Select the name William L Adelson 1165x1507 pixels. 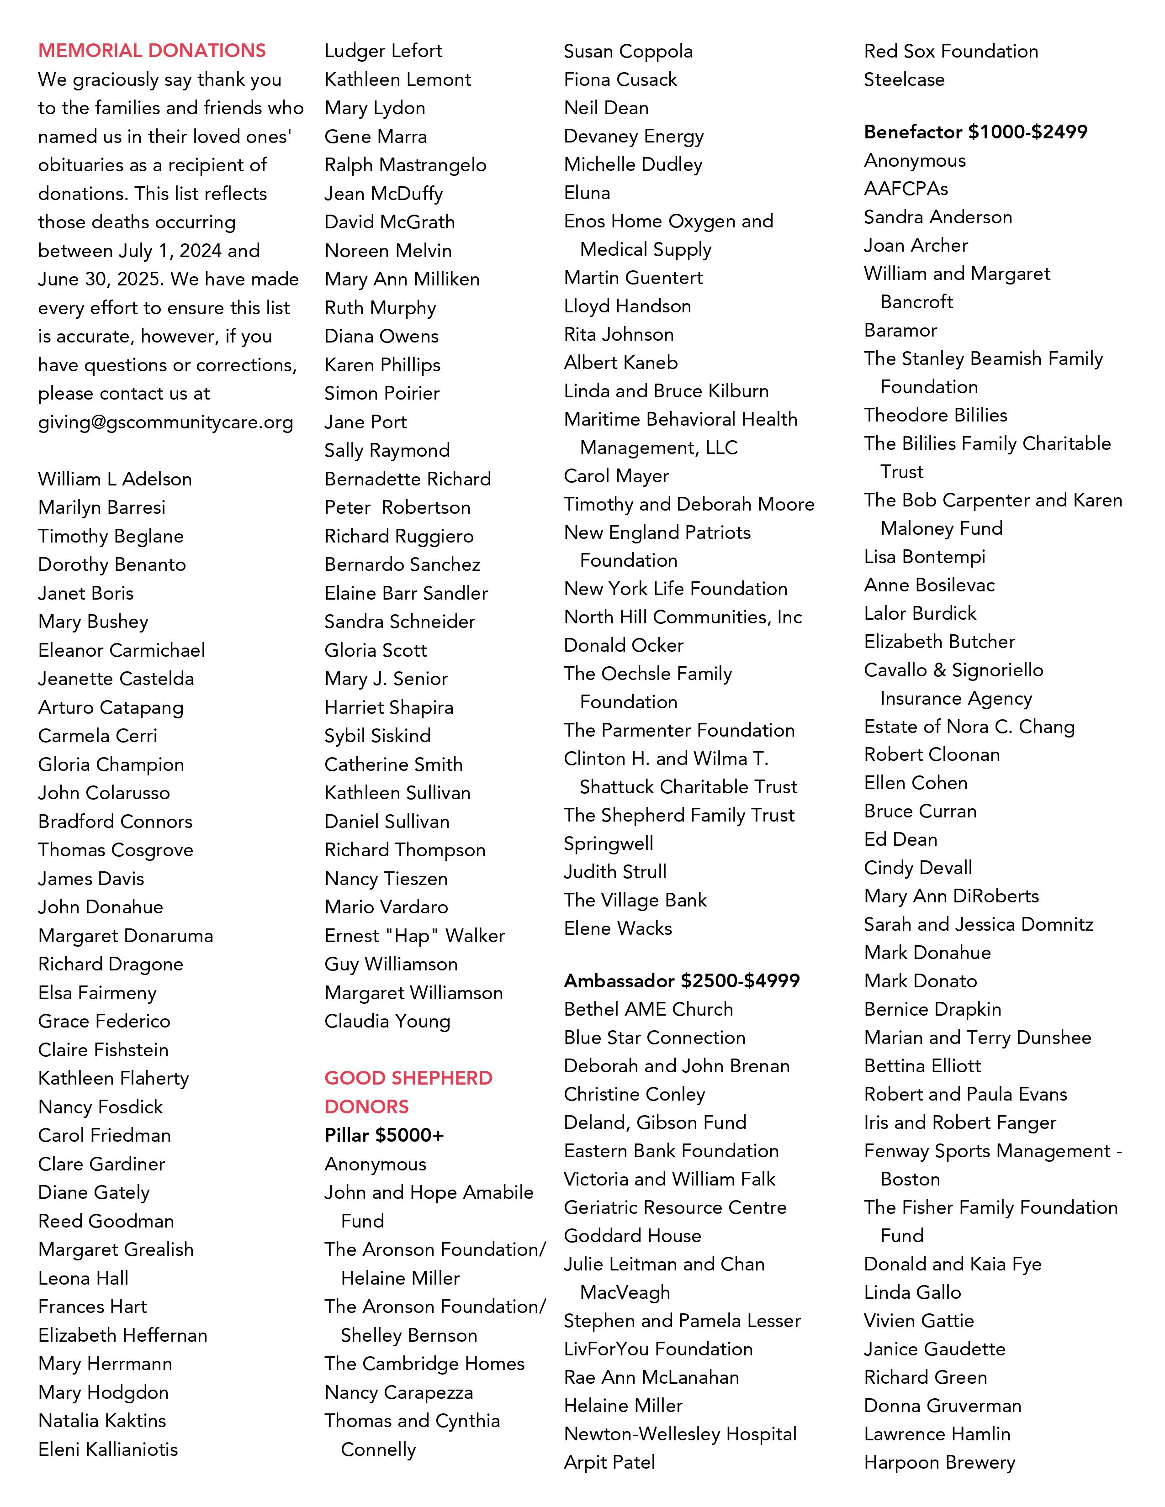(x=115, y=479)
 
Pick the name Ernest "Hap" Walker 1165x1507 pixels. (x=414, y=936)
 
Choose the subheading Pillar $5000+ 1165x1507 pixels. (x=384, y=1135)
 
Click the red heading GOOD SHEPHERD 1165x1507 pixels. (x=408, y=1078)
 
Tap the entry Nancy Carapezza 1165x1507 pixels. (x=398, y=1392)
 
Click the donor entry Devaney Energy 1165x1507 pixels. (x=633, y=136)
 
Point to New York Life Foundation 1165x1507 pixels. (x=675, y=589)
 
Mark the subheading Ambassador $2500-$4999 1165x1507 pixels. (x=681, y=980)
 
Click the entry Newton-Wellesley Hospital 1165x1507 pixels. (x=680, y=1434)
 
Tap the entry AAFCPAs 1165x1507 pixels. (x=906, y=188)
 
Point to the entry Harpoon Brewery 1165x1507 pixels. (x=939, y=1462)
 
